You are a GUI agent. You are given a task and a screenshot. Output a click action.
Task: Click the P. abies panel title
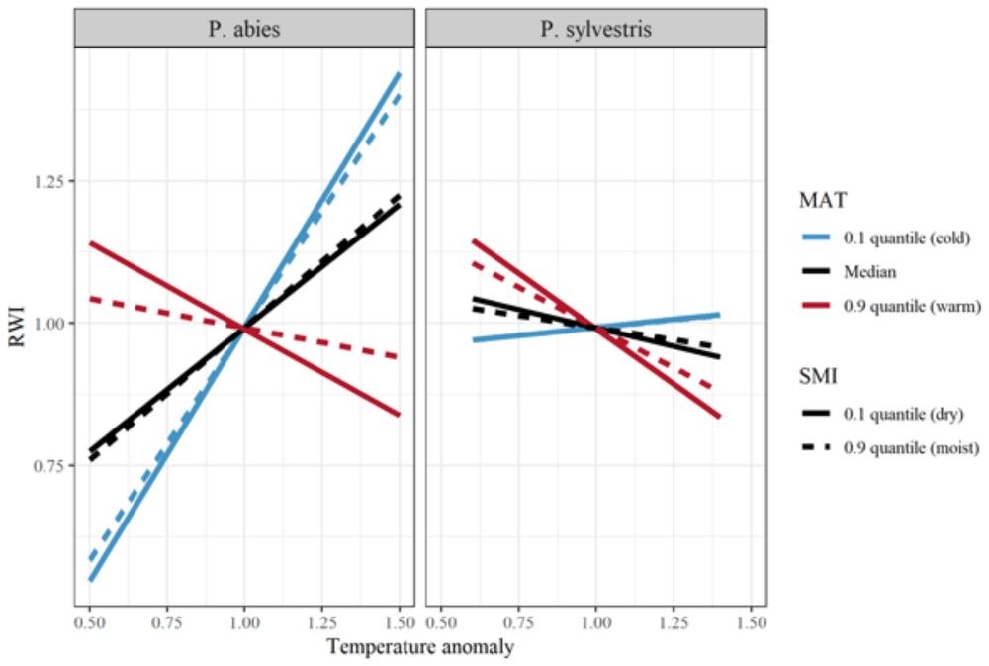(x=243, y=29)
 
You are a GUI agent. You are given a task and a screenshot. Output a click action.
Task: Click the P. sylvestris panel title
(x=595, y=29)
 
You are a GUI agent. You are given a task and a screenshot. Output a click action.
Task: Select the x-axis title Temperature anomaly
(x=420, y=648)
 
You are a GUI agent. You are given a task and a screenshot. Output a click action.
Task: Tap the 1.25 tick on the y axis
(x=51, y=182)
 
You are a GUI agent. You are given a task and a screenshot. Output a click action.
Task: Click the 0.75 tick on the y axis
(x=51, y=465)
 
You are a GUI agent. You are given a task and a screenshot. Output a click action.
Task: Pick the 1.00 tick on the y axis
(x=51, y=324)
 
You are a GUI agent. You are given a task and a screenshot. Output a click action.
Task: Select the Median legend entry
(x=870, y=272)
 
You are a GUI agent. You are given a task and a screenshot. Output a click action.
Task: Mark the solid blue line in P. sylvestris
(x=673, y=320)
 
